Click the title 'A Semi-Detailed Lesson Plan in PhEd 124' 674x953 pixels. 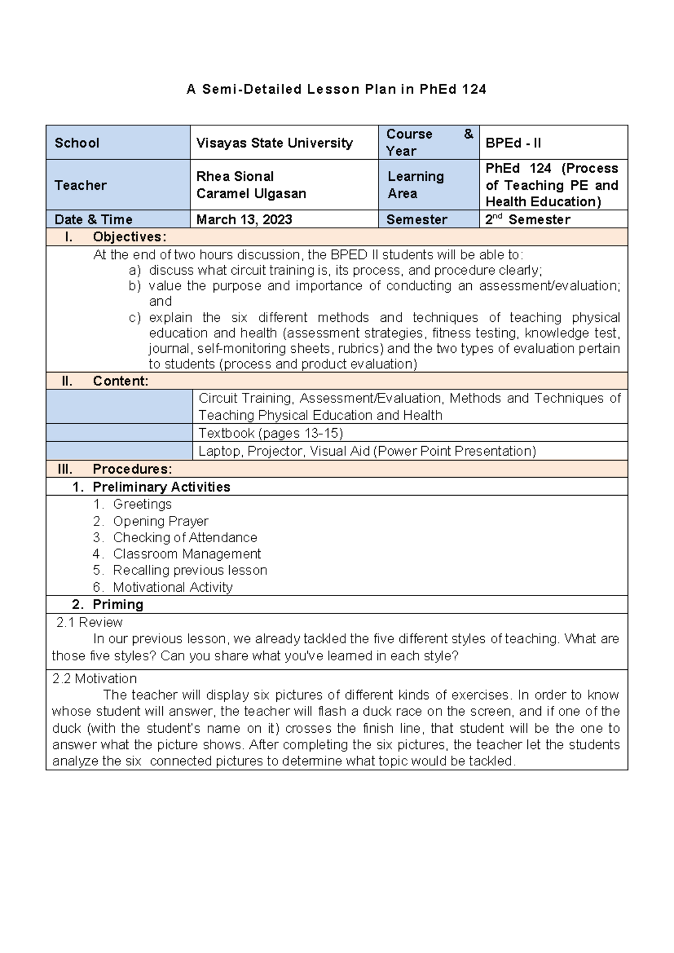coord(336,89)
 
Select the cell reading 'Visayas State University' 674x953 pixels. coord(274,143)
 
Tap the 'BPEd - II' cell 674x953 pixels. coord(513,143)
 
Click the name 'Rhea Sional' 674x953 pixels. coord(235,176)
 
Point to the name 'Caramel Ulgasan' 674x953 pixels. coord(251,193)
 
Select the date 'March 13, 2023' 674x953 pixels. coord(244,220)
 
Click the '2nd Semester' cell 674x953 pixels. coord(527,220)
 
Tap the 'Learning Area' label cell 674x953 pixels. coord(415,185)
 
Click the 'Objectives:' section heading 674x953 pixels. coord(129,237)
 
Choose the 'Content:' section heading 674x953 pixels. coord(120,381)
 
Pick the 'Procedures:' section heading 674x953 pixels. coord(132,469)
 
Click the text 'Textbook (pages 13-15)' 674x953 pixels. coord(270,433)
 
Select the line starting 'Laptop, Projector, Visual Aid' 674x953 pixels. coord(367,451)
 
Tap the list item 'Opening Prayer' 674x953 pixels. coord(161,521)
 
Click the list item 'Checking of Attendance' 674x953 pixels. coord(185,537)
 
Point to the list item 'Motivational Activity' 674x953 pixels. coord(172,587)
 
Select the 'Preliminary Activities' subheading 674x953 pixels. coord(161,487)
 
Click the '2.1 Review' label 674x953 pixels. coord(89,622)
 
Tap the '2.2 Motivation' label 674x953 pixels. coord(94,678)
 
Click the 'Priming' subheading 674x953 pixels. coord(118,605)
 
